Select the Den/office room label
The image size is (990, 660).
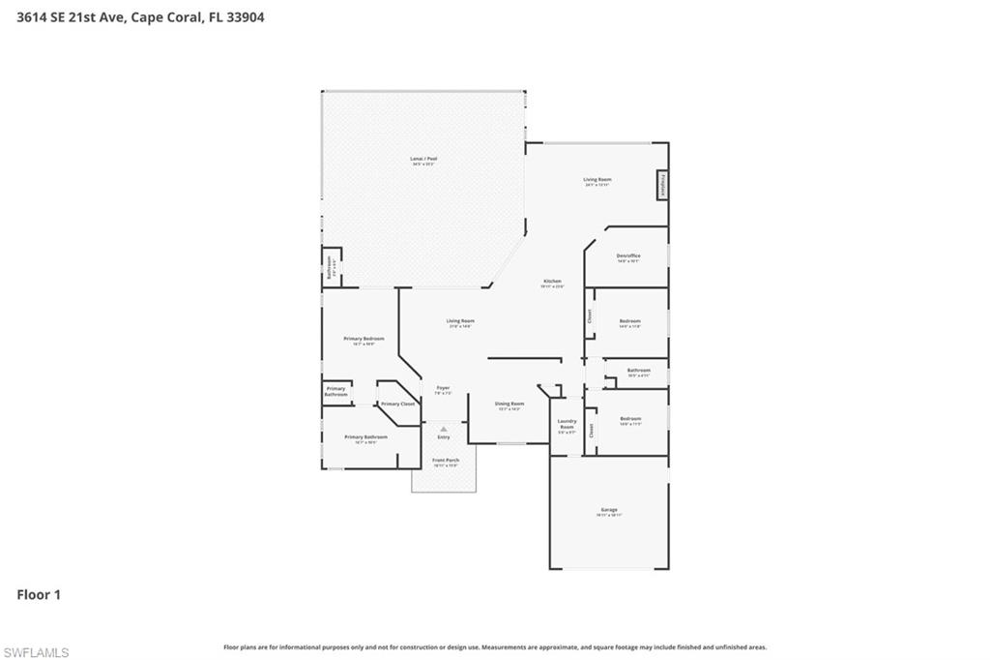pyautogui.click(x=628, y=256)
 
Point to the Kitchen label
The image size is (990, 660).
pyautogui.click(x=552, y=282)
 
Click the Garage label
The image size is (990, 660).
pyautogui.click(x=609, y=510)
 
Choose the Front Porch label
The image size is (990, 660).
pyautogui.click(x=446, y=460)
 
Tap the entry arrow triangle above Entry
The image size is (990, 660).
pyautogui.click(x=444, y=429)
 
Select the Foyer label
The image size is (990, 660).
pyautogui.click(x=443, y=388)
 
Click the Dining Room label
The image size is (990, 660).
pyautogui.click(x=510, y=404)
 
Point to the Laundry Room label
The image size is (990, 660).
pyautogui.click(x=568, y=424)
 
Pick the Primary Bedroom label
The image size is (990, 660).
pyautogui.click(x=364, y=339)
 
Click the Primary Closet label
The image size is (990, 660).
pyautogui.click(x=397, y=404)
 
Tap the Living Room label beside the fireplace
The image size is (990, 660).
pyautogui.click(x=597, y=180)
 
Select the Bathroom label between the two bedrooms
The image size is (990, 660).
pyautogui.click(x=638, y=370)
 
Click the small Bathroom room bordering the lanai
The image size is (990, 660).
pyautogui.click(x=331, y=267)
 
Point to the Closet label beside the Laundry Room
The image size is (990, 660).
pyautogui.click(x=592, y=431)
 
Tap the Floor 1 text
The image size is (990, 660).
pyautogui.click(x=39, y=595)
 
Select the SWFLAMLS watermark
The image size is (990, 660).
pyautogui.click(x=36, y=652)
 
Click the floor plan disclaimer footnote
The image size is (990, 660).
pyautogui.click(x=495, y=646)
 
